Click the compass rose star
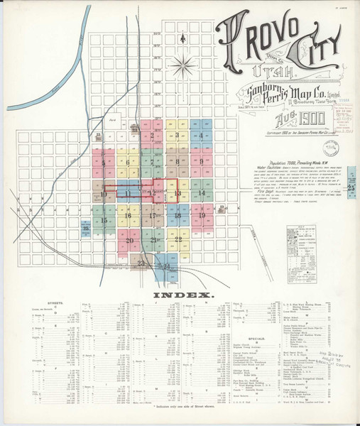click(x=183, y=67)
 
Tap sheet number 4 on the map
click(x=202, y=136)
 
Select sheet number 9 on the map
click(x=202, y=163)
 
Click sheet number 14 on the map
click(x=202, y=193)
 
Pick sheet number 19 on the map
click(x=202, y=215)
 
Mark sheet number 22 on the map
click(x=179, y=239)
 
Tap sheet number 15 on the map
click(x=104, y=221)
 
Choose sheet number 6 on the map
click(x=128, y=163)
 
